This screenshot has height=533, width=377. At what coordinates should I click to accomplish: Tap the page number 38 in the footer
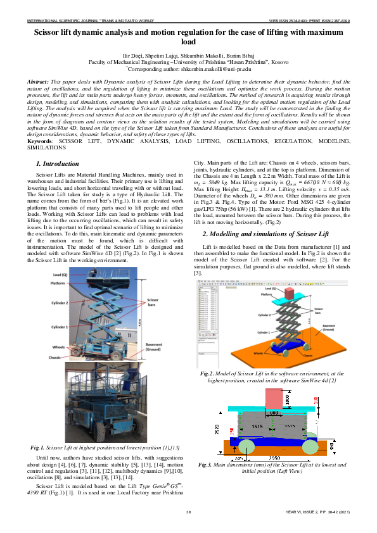188,511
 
